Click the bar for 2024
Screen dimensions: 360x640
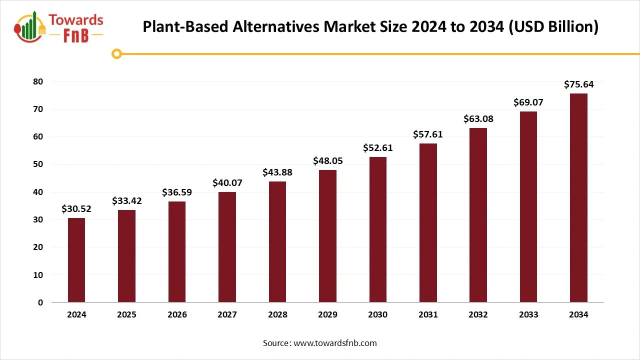coord(76,260)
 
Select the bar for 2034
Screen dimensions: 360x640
coord(578,198)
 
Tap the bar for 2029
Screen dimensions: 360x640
coord(327,236)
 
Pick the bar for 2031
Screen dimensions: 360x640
coord(428,223)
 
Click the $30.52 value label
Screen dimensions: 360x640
coord(76,209)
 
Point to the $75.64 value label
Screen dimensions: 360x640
coord(578,84)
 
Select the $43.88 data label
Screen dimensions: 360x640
coord(277,172)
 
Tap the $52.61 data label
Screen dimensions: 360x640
coord(378,148)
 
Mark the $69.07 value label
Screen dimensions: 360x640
coord(528,102)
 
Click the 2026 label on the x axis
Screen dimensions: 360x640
coord(177,315)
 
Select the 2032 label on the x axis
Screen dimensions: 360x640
coord(478,315)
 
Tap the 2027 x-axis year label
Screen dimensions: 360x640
coord(227,315)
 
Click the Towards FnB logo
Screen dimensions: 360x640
coord(59,27)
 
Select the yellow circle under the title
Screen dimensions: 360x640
coord(117,54)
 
